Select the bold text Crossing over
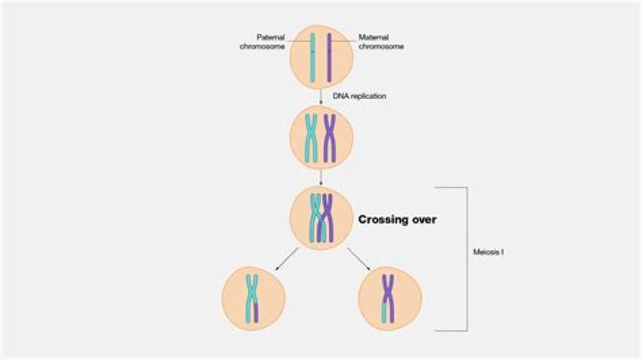[397, 218]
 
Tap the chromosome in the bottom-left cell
[253, 296]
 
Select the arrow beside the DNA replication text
[321, 96]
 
